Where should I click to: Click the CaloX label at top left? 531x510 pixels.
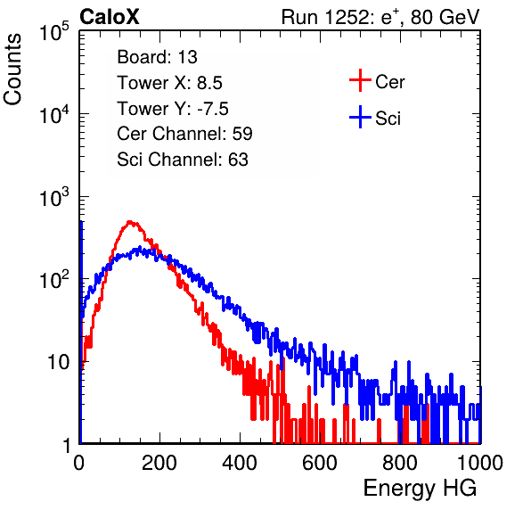(x=110, y=17)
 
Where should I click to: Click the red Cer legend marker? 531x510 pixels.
(x=360, y=80)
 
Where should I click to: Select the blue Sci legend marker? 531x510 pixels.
(x=360, y=117)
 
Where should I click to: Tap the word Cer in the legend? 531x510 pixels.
(x=389, y=82)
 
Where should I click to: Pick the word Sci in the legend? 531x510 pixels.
(x=388, y=119)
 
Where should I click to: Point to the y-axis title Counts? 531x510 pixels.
(x=12, y=70)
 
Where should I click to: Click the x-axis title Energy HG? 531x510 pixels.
(x=420, y=489)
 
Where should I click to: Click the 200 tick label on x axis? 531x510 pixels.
(x=159, y=463)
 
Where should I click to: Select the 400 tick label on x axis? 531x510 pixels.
(x=240, y=463)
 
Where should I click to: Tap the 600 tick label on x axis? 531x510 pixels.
(x=320, y=463)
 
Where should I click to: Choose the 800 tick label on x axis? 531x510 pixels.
(x=400, y=463)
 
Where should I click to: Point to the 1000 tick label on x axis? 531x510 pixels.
(x=480, y=463)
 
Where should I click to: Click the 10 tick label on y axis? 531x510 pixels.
(x=58, y=362)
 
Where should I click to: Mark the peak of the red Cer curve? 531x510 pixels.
(x=129, y=222)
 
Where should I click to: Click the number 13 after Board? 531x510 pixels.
(x=187, y=57)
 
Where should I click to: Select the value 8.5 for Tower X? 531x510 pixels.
(x=209, y=83)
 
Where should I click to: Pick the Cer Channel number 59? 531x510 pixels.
(x=242, y=134)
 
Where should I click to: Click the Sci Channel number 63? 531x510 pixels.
(x=238, y=160)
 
